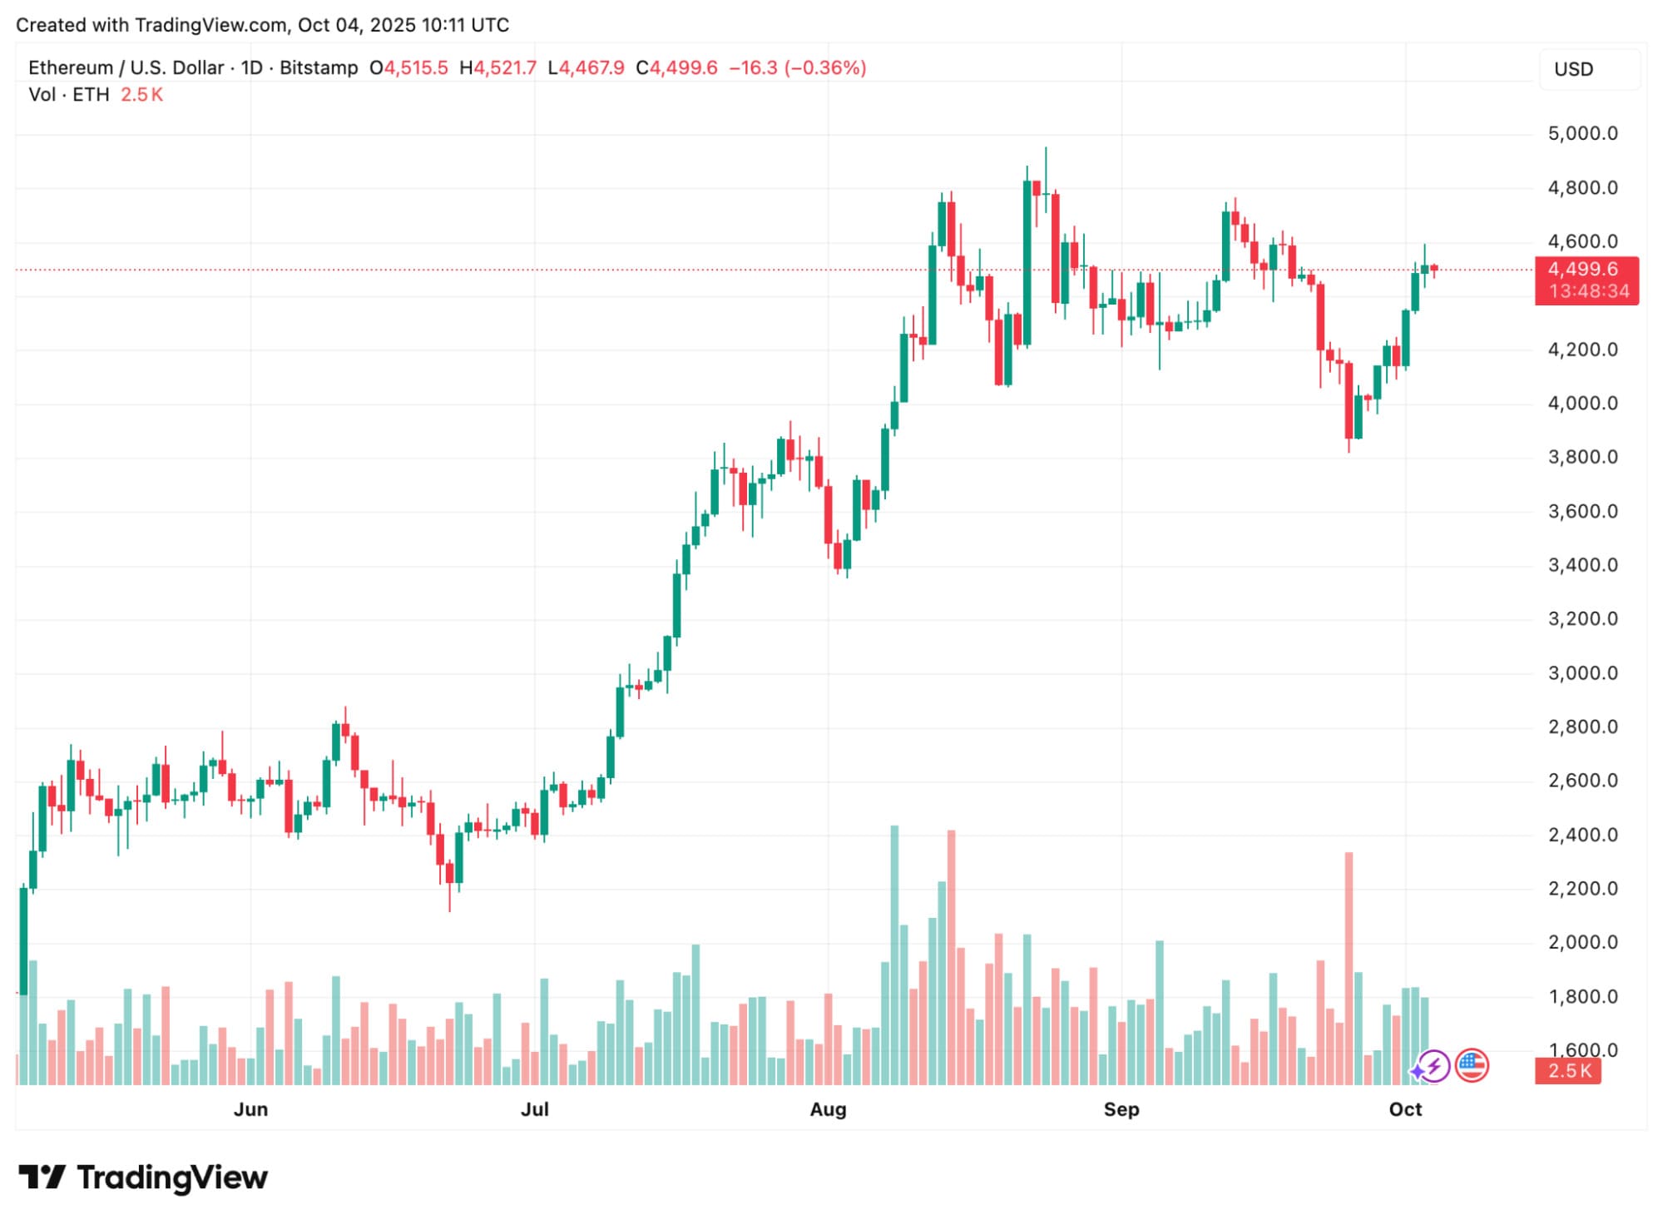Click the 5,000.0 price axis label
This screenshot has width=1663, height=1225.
1582,134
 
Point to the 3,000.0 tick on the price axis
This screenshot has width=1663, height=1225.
1582,673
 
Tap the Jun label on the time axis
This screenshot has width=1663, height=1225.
250,1109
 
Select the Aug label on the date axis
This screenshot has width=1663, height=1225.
828,1109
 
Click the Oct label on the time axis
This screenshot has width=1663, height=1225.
1405,1109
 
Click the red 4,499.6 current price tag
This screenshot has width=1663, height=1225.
1582,269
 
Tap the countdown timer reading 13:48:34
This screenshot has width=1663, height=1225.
1588,291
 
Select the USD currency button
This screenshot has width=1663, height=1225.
1573,69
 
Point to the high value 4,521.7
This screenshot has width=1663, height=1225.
504,68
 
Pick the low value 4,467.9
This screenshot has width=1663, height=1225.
591,68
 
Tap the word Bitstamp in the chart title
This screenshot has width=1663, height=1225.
319,68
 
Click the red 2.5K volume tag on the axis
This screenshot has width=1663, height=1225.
1568,1070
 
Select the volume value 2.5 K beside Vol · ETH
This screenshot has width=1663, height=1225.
141,95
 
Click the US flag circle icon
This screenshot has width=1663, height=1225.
1472,1065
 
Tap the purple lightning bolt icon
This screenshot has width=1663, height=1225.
1433,1066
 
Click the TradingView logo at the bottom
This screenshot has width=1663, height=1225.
143,1178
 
